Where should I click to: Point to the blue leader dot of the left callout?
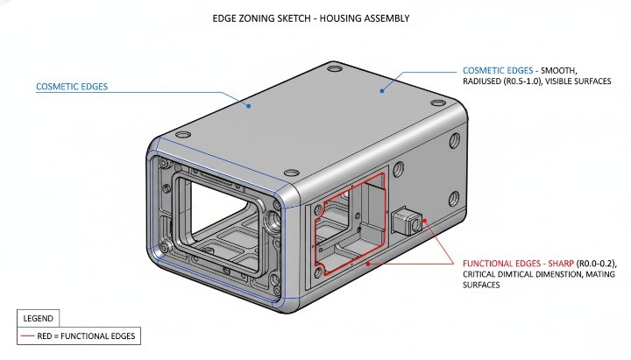(249, 107)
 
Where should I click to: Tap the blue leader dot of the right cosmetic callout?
(381, 89)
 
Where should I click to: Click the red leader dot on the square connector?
(423, 221)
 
